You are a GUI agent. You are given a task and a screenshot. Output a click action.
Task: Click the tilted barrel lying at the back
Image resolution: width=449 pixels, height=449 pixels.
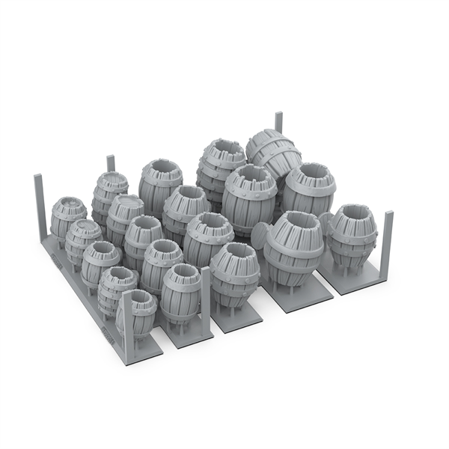click(273, 153)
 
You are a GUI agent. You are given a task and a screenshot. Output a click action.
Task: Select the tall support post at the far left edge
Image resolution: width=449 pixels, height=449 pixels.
click(39, 205)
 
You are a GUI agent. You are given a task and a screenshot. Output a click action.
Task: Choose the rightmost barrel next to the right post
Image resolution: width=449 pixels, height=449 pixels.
click(352, 232)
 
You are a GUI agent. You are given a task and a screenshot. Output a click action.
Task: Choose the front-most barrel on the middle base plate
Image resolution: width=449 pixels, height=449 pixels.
click(233, 274)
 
